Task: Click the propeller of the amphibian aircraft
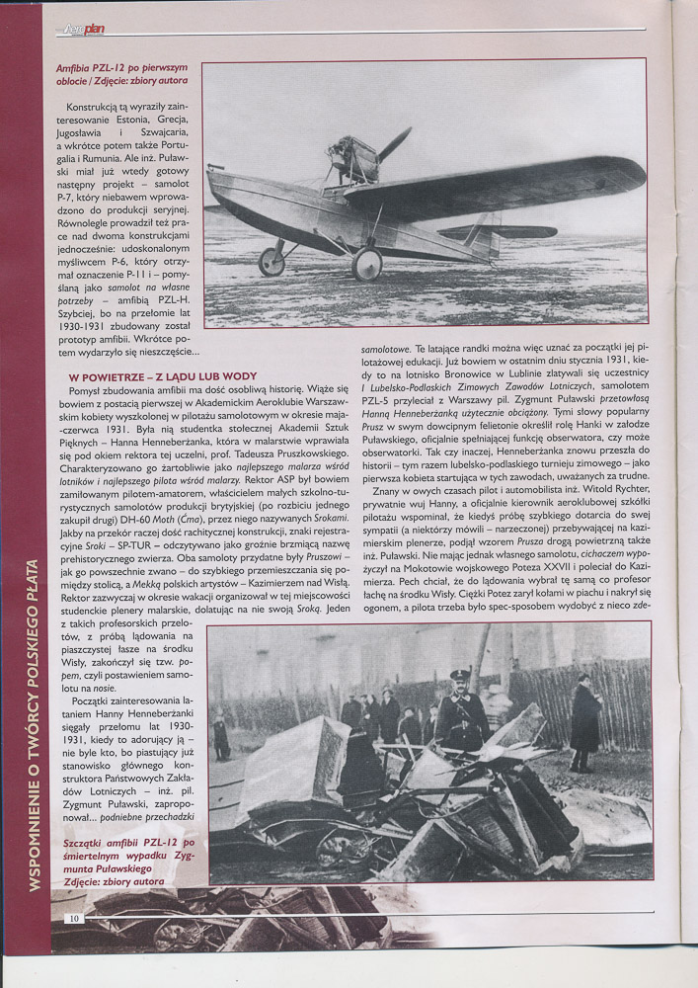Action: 395,145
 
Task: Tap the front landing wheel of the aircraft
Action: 366,264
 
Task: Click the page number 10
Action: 73,918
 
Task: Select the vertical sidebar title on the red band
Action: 34,726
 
